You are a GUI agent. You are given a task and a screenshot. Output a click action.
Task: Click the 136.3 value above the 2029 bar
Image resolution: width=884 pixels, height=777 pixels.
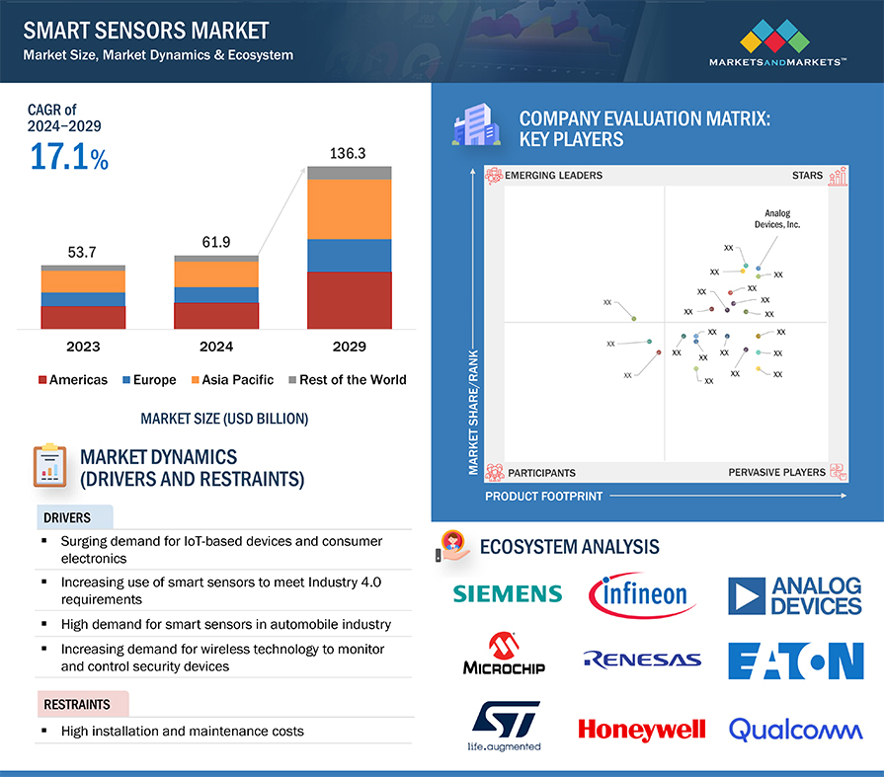pyautogui.click(x=349, y=154)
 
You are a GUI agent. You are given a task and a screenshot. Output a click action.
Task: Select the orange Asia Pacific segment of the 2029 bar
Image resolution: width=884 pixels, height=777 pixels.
pyautogui.click(x=349, y=208)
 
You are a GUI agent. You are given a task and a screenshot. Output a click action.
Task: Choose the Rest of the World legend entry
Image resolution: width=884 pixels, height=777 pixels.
pyautogui.click(x=346, y=380)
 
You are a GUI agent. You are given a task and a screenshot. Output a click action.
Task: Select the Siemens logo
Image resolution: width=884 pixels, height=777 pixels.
pyautogui.click(x=507, y=593)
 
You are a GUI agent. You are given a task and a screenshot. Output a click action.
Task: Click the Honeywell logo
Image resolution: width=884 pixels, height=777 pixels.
pyautogui.click(x=642, y=730)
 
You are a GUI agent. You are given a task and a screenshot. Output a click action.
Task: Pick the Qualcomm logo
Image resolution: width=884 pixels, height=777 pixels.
pyautogui.click(x=795, y=730)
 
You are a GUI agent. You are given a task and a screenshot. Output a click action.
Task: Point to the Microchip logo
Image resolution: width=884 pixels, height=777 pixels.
pyautogui.click(x=504, y=655)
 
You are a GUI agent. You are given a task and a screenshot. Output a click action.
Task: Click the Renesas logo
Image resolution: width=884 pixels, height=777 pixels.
pyautogui.click(x=642, y=660)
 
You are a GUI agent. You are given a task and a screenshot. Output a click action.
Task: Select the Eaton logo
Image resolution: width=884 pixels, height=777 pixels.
pyautogui.click(x=795, y=660)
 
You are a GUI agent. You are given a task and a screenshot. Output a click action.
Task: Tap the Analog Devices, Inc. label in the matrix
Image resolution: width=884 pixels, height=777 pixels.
pyautogui.click(x=782, y=219)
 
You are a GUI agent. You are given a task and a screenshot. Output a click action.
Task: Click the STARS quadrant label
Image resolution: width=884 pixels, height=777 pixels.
pyautogui.click(x=807, y=176)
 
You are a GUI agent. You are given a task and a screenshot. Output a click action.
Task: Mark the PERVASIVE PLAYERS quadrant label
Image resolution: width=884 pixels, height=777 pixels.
pyautogui.click(x=776, y=472)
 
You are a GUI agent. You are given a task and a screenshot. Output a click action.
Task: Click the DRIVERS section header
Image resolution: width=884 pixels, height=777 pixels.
pyautogui.click(x=66, y=517)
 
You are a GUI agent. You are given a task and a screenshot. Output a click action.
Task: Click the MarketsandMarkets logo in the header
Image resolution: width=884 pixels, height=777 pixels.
pyautogui.click(x=777, y=44)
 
